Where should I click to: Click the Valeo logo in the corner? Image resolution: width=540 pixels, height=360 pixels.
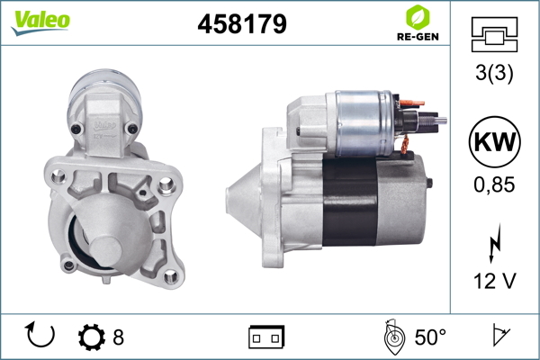(40, 22)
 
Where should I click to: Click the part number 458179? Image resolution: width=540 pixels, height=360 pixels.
(242, 23)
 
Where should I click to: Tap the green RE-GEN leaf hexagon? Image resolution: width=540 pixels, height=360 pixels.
(418, 18)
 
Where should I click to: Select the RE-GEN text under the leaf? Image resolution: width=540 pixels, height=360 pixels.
(418, 37)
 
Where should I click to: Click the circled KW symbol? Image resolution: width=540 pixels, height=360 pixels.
(494, 141)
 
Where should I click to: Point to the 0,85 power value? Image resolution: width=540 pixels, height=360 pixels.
(494, 184)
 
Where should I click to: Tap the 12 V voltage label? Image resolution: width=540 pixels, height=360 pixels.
(495, 281)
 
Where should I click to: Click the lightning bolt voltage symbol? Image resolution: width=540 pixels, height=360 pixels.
(494, 243)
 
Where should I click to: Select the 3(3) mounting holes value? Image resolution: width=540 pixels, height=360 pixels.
(494, 73)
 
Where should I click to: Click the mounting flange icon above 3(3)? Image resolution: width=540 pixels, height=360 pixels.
(494, 34)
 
